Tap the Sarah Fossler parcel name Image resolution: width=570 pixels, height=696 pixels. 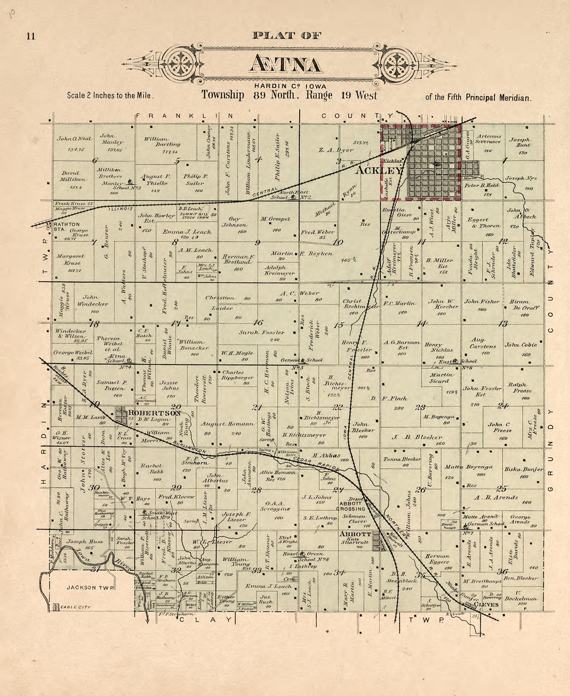point(261,332)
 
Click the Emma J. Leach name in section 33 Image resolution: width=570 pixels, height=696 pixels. point(262,586)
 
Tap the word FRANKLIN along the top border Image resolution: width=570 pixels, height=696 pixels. point(178,116)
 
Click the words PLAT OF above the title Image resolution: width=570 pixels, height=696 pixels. point(286,36)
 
